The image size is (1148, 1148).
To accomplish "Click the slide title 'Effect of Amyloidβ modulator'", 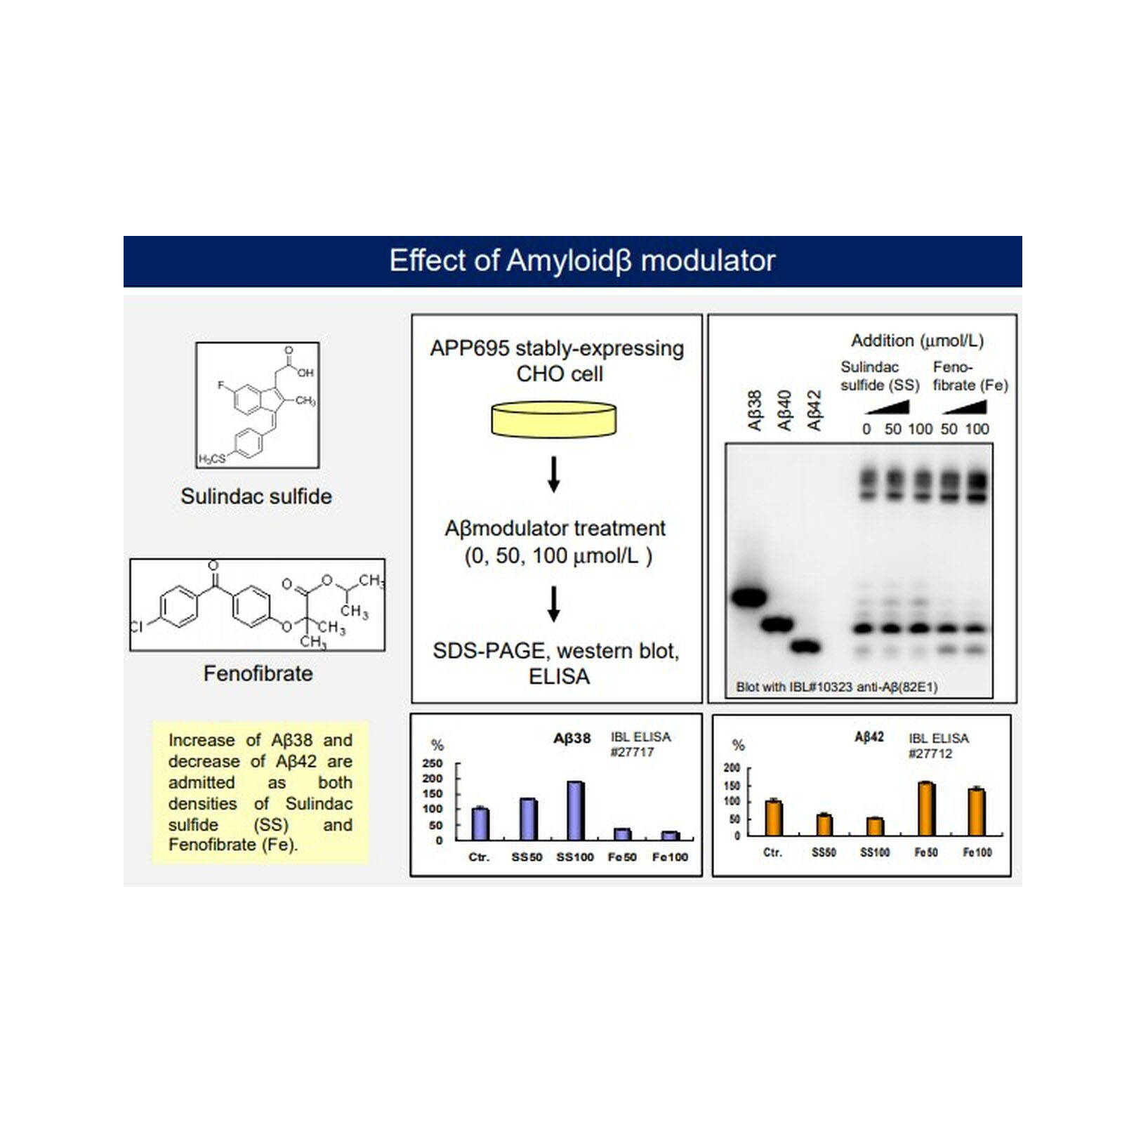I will pyautogui.click(x=582, y=260).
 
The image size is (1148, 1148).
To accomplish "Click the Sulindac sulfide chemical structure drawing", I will pyautogui.click(x=257, y=405).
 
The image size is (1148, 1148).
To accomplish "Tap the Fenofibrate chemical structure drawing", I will pyautogui.click(x=257, y=605).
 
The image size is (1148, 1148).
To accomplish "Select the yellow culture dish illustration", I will pyautogui.click(x=553, y=419).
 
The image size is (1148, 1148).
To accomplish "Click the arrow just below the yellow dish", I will pyautogui.click(x=553, y=474).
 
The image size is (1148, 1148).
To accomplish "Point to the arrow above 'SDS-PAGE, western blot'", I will pyautogui.click(x=553, y=604).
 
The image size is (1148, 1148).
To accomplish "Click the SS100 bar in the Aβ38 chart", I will pyautogui.click(x=575, y=811).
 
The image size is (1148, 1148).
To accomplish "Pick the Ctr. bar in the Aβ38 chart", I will pyautogui.click(x=480, y=824).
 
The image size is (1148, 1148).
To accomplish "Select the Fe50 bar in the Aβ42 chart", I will pyautogui.click(x=926, y=809).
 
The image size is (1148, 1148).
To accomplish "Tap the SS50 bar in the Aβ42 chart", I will pyautogui.click(x=824, y=825).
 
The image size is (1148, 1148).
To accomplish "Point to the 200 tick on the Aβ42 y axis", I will pyautogui.click(x=732, y=768).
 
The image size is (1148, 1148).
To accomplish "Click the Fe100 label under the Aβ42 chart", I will pyautogui.click(x=977, y=852).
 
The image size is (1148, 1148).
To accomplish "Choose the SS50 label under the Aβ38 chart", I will pyautogui.click(x=527, y=857).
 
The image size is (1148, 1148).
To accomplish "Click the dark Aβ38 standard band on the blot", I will pyautogui.click(x=748, y=598).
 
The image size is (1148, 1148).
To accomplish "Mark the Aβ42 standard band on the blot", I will pyautogui.click(x=806, y=647).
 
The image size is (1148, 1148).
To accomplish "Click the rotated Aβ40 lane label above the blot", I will pyautogui.click(x=784, y=411).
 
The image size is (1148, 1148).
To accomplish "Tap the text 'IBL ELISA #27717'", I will pyautogui.click(x=640, y=744).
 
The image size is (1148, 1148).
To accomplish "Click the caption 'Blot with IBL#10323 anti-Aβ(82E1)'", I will pyautogui.click(x=836, y=687).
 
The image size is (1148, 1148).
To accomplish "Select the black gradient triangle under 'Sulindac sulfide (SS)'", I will pyautogui.click(x=889, y=407).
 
